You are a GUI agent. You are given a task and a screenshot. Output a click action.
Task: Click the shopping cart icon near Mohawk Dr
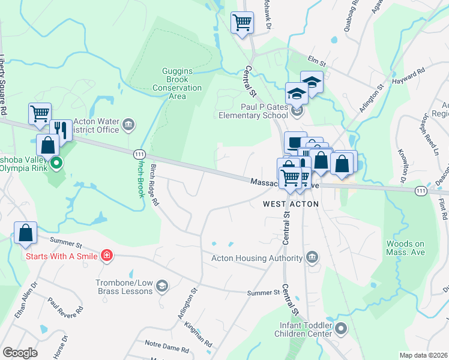pyautogui.click(x=242, y=23)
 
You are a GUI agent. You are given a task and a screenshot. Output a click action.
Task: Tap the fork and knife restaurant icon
pyautogui.click(x=61, y=130)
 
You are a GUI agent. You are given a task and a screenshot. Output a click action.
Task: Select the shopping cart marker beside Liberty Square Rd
pyautogui.click(x=40, y=113)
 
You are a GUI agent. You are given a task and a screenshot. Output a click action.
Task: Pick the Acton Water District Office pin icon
pyautogui.click(x=128, y=125)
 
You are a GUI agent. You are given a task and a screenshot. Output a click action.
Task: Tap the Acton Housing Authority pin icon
pyautogui.click(x=312, y=258)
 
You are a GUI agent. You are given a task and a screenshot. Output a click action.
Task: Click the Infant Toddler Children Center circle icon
pyautogui.click(x=341, y=328)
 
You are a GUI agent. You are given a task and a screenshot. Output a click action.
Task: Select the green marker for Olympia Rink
pyautogui.click(x=56, y=162)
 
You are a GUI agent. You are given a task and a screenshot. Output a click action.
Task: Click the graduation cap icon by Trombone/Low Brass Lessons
pyautogui.click(x=161, y=286)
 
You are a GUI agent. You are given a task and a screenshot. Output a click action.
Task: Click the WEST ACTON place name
pyautogui.click(x=291, y=204)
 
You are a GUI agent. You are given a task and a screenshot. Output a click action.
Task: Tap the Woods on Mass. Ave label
pyautogui.click(x=409, y=248)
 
